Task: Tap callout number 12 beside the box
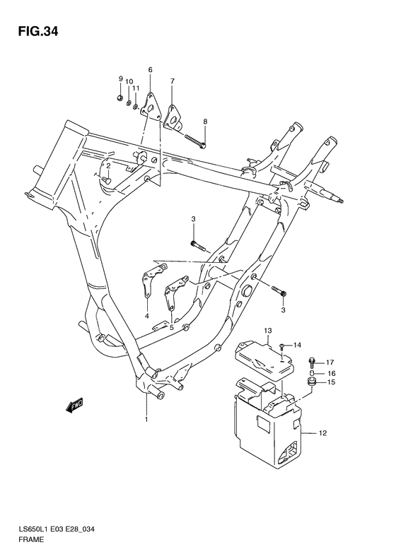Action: (x=322, y=433)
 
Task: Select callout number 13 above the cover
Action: (x=269, y=331)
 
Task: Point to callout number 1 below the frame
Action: (x=146, y=420)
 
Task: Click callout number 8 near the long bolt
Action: (x=204, y=122)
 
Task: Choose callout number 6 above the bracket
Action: (x=151, y=70)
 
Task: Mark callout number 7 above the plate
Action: (x=172, y=81)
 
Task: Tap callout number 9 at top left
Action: (x=120, y=78)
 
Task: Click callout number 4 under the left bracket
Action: (x=147, y=316)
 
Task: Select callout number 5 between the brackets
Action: (x=171, y=327)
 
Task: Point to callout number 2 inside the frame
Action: (x=108, y=166)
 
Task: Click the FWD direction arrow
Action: (x=74, y=406)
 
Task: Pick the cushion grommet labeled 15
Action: (x=310, y=383)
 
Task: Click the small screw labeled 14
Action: (x=281, y=346)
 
